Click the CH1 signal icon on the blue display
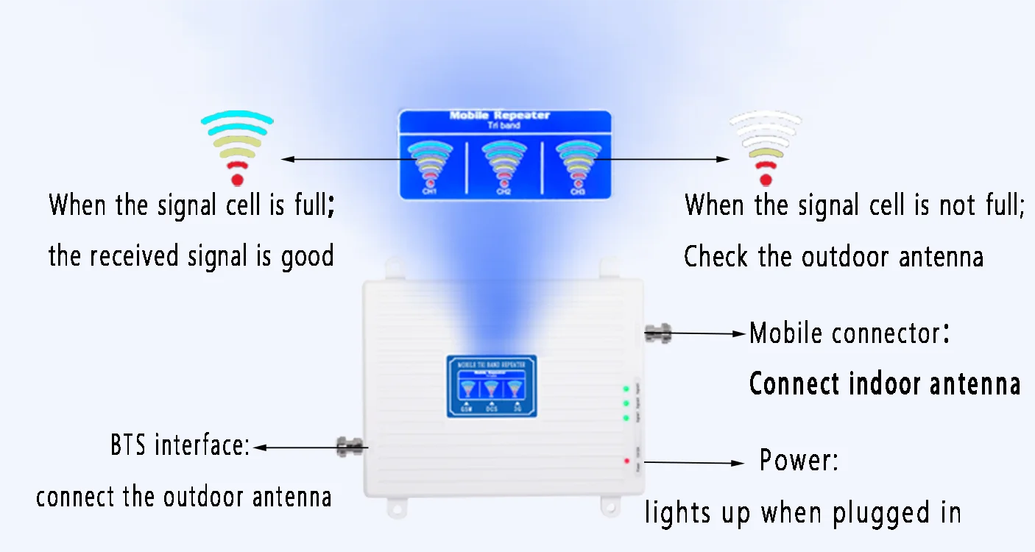[430, 163]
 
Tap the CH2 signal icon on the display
[504, 163]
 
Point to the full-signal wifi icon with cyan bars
[237, 147]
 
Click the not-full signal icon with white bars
[766, 148]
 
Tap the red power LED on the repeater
[626, 461]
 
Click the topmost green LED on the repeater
[626, 389]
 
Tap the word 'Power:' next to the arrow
[799, 461]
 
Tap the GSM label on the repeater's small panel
[465, 409]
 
